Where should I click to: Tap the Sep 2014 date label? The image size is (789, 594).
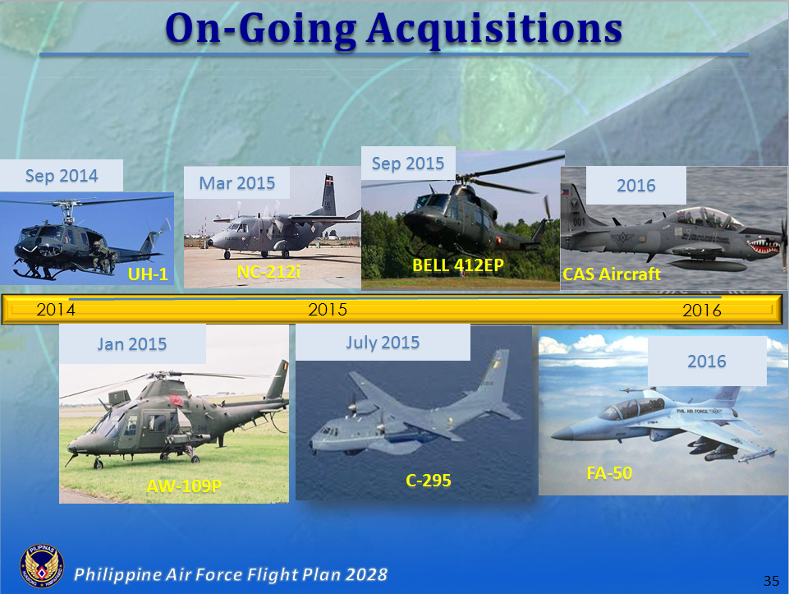62,176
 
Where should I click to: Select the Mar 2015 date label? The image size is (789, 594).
237,182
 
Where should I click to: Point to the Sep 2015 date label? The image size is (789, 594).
408,163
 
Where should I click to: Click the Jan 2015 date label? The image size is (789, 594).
131,343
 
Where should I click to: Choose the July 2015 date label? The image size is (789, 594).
383,342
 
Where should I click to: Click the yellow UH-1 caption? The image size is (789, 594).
148,274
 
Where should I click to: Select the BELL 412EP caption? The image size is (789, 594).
458,265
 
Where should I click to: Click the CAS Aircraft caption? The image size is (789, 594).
611,274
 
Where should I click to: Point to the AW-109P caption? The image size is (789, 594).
184,486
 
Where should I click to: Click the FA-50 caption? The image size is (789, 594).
609,473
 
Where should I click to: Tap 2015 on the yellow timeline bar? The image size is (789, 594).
328,310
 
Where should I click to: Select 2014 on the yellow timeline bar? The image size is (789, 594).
56,310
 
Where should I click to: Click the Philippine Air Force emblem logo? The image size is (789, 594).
41,566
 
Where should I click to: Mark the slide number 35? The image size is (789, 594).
770,581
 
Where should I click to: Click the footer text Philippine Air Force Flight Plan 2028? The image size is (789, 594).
231,573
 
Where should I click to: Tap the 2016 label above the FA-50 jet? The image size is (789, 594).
707,361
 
